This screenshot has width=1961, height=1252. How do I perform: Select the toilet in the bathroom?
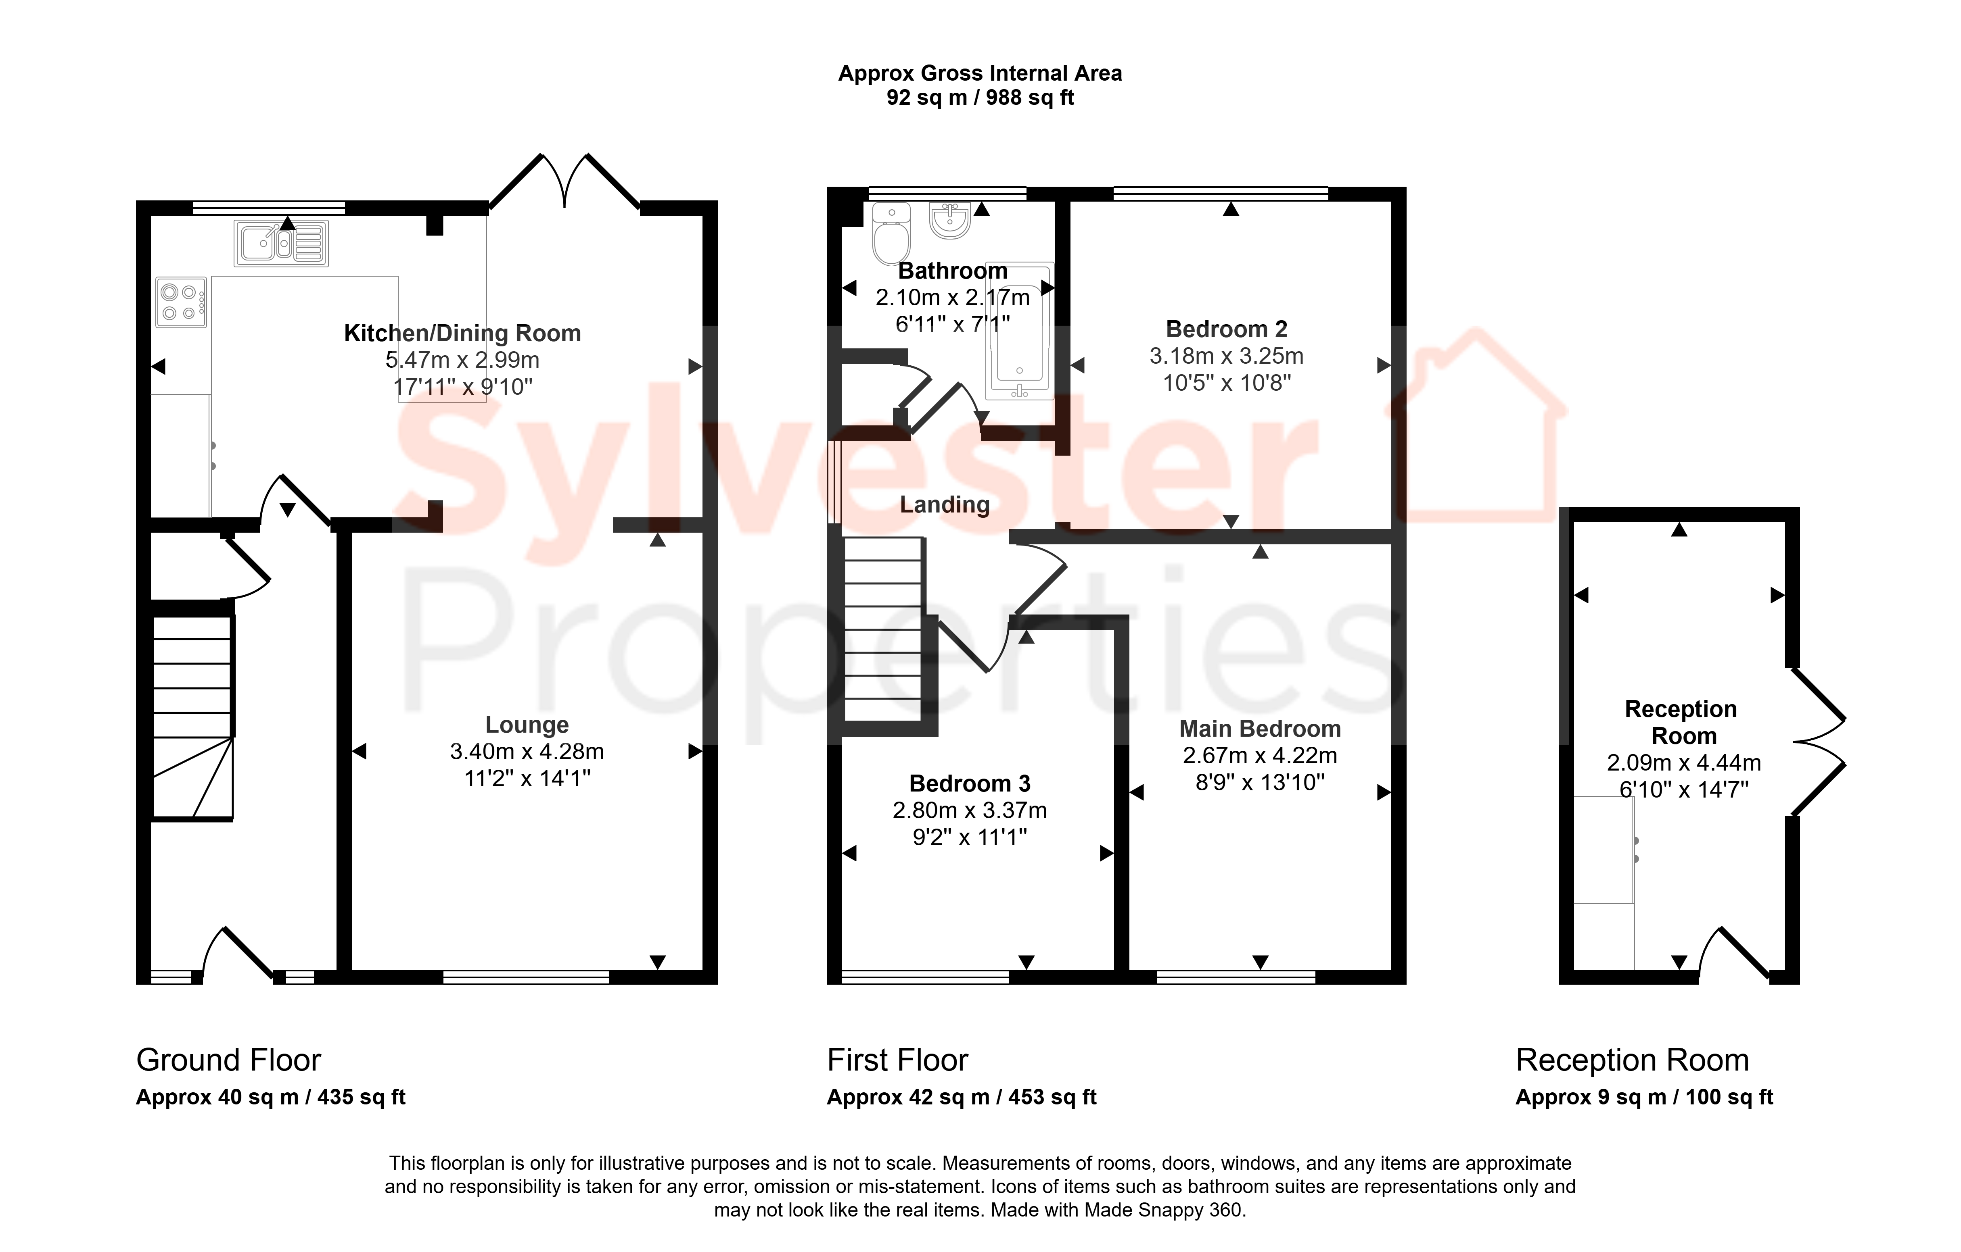click(892, 233)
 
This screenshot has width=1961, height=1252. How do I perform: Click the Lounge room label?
click(527, 725)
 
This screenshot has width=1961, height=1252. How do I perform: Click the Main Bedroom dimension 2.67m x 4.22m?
click(1260, 755)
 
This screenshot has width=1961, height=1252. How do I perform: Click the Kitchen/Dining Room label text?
click(462, 333)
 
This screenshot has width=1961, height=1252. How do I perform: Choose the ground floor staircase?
click(193, 717)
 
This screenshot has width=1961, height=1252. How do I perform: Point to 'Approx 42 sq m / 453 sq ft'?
click(962, 1097)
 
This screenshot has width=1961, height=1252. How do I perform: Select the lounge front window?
click(526, 977)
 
